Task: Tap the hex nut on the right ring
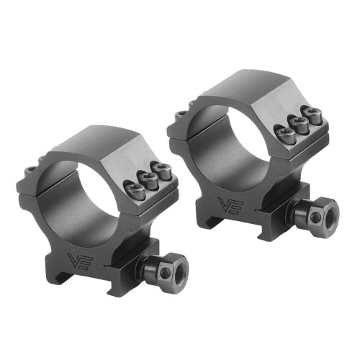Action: point(319,215)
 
